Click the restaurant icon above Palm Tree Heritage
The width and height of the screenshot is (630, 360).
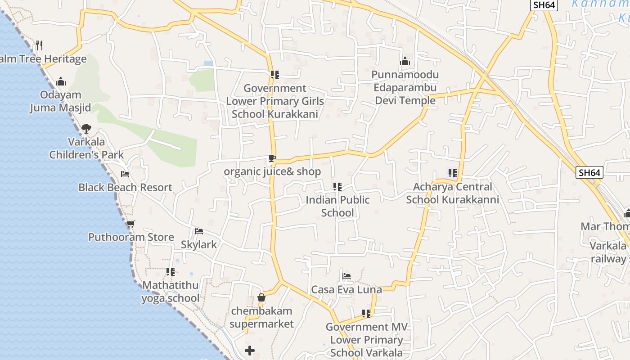click(39, 45)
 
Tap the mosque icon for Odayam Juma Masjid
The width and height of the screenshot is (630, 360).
click(61, 81)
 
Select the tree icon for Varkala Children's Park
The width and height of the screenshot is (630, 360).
click(86, 129)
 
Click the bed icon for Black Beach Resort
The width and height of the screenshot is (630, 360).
click(125, 174)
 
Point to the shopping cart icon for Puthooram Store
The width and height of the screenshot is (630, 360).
click(130, 224)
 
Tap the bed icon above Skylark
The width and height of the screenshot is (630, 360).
click(198, 231)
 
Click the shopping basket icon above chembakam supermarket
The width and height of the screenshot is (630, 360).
click(261, 297)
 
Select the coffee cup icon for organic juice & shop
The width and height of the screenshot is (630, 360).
click(272, 158)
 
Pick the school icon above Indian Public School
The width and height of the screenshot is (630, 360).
click(337, 186)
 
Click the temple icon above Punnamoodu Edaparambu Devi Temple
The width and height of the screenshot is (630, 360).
click(405, 61)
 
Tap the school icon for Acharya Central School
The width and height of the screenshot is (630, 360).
click(452, 173)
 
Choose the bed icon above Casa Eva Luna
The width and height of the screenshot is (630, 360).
click(346, 276)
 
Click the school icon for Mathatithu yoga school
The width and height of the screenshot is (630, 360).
click(170, 272)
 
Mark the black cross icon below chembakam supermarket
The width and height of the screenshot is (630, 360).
click(250, 350)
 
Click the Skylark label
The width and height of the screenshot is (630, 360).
click(198, 244)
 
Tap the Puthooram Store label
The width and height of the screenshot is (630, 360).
click(131, 237)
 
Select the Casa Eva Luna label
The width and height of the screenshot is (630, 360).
click(346, 289)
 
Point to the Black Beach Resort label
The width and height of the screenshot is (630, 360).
click(125, 187)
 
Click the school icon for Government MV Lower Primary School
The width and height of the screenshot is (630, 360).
click(366, 313)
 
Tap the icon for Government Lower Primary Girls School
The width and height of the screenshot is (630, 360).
click(274, 75)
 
